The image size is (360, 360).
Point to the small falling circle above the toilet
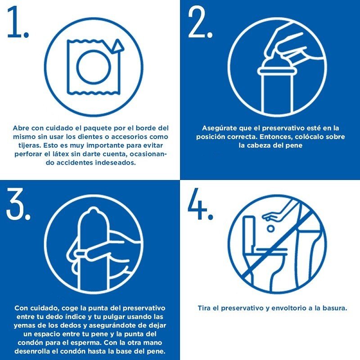click(270, 229)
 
